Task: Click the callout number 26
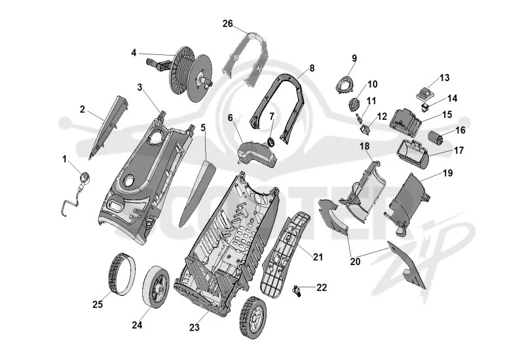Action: tap(227, 24)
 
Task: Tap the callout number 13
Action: tap(445, 78)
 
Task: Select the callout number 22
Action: tap(322, 287)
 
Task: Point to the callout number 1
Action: tap(64, 159)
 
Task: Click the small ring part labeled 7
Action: tap(271, 141)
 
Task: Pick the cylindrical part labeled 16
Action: tap(436, 138)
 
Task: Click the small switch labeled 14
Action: tap(424, 107)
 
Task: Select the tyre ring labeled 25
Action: tap(122, 274)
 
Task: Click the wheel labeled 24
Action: tap(155, 286)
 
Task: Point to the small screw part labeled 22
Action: tap(297, 291)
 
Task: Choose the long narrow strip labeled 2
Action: tap(109, 127)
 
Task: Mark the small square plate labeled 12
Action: tap(365, 129)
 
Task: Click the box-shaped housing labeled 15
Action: tap(405, 122)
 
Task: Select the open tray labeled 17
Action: tap(414, 154)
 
